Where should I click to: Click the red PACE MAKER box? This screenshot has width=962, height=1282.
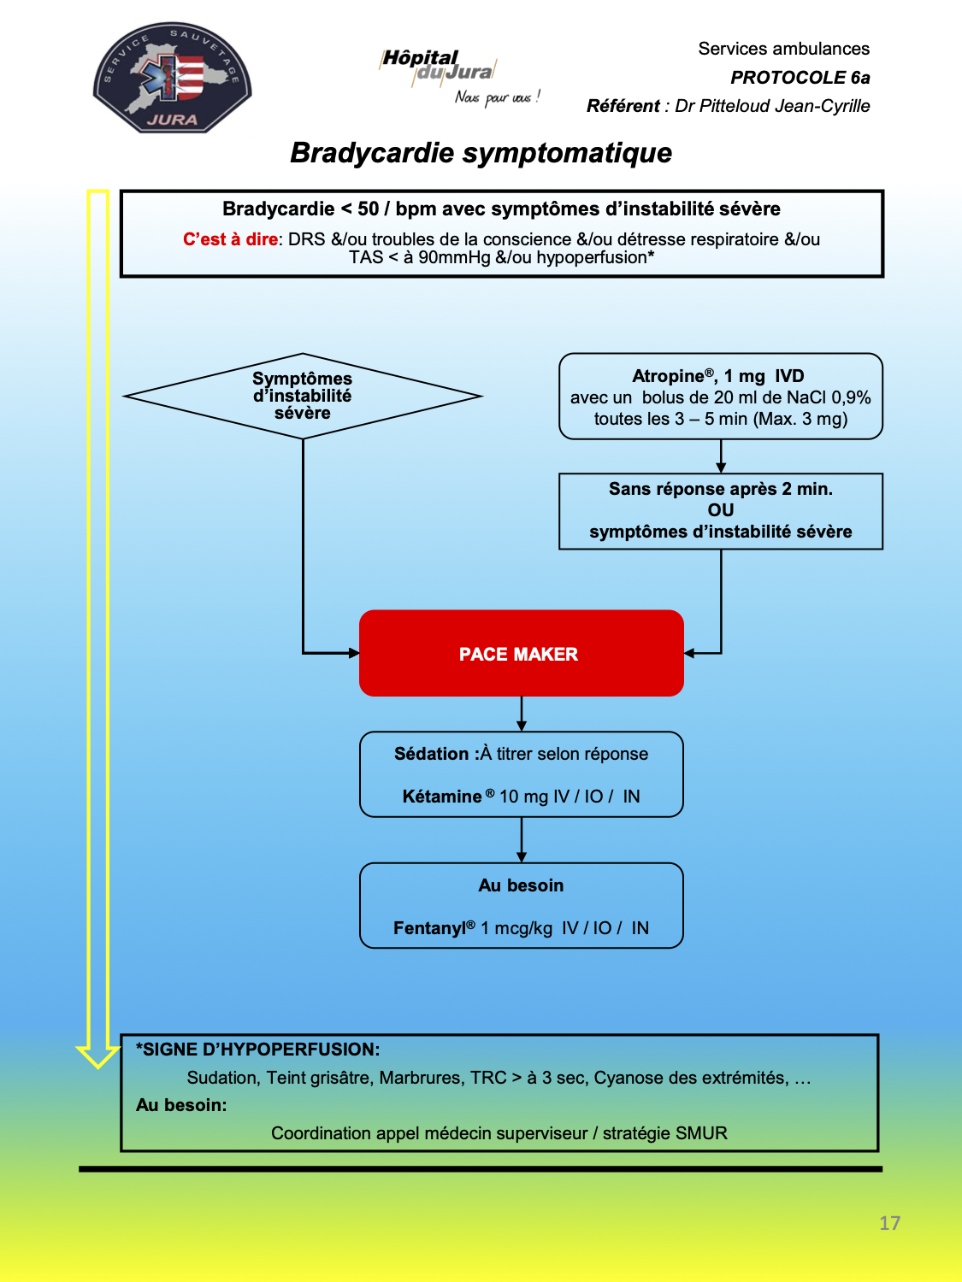(521, 653)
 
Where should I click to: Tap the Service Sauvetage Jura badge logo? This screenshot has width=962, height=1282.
(173, 78)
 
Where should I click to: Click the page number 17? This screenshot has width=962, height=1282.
(889, 1222)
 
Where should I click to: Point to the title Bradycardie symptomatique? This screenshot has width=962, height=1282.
(481, 153)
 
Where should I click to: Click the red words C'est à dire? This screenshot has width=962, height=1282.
(230, 239)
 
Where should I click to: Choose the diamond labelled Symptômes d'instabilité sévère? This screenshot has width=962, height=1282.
(303, 396)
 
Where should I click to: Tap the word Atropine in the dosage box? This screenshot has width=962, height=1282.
(668, 376)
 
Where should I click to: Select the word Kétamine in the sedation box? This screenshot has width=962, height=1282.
(442, 796)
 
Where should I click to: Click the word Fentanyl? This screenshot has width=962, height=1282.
(429, 928)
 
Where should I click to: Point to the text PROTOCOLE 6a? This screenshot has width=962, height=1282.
(800, 78)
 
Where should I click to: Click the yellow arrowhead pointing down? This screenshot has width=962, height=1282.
(98, 1056)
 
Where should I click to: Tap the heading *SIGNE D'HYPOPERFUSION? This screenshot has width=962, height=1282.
(257, 1050)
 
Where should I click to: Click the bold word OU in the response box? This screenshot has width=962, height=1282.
(720, 510)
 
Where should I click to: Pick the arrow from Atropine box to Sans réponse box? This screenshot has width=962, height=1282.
(721, 456)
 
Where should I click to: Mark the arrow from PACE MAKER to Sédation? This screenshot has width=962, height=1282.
(522, 714)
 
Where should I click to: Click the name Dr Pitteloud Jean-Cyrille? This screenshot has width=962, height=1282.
(772, 106)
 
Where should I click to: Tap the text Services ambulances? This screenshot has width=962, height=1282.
(784, 49)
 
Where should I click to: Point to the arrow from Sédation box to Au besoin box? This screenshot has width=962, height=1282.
(522, 840)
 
